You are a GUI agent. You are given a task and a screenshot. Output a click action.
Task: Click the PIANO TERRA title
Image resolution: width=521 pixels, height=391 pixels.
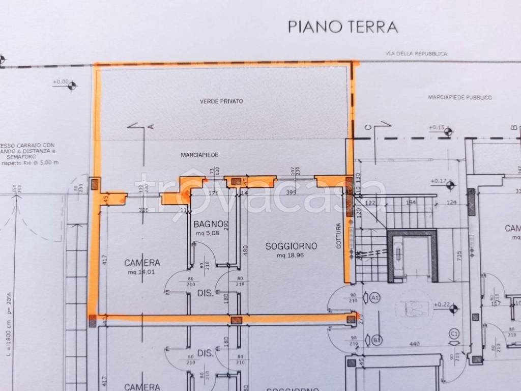[x=343, y=26]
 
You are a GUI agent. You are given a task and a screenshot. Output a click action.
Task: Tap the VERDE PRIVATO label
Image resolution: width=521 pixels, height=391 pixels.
[x=221, y=101]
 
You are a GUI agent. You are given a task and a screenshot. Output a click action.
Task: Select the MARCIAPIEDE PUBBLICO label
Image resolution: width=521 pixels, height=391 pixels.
[x=460, y=97]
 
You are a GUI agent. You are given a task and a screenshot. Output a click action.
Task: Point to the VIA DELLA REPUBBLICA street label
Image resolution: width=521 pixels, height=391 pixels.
[x=416, y=53]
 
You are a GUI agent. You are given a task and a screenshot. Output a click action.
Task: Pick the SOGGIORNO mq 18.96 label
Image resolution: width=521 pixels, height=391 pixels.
[x=291, y=250]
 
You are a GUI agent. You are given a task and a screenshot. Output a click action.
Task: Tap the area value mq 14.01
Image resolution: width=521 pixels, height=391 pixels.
[x=142, y=272]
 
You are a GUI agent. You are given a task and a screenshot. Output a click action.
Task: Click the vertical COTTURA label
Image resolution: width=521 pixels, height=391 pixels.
[x=338, y=237]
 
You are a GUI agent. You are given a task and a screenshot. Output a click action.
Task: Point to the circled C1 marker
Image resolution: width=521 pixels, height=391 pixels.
[x=454, y=333]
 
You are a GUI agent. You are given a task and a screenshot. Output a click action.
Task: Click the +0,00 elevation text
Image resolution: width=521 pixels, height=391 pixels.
[x=61, y=81]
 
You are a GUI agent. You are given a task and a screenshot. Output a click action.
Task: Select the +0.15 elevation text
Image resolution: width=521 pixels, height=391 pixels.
[x=437, y=127]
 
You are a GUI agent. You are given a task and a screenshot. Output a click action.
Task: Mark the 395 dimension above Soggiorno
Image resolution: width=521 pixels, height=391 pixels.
[x=291, y=192]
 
